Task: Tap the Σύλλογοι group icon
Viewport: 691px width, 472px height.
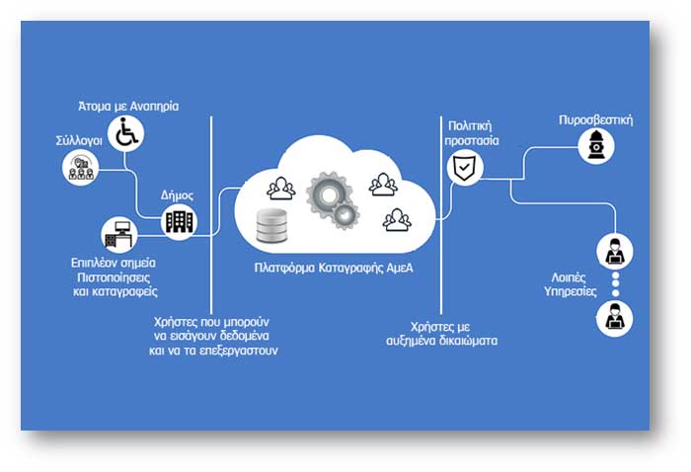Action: tap(80, 167)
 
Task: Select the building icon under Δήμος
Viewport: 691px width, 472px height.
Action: tap(179, 221)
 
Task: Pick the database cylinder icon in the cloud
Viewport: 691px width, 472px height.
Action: tap(271, 226)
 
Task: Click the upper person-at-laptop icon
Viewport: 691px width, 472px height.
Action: tap(613, 251)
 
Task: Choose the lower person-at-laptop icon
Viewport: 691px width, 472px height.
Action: tap(613, 317)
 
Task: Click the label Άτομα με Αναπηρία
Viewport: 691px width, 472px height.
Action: tap(129, 106)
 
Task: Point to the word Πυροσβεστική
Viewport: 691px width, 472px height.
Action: tap(595, 120)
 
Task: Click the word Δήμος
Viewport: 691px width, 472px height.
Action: tap(179, 196)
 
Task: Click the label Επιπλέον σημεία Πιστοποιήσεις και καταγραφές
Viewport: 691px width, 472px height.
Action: tap(115, 278)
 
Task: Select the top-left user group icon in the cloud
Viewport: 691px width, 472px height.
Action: tap(283, 187)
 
